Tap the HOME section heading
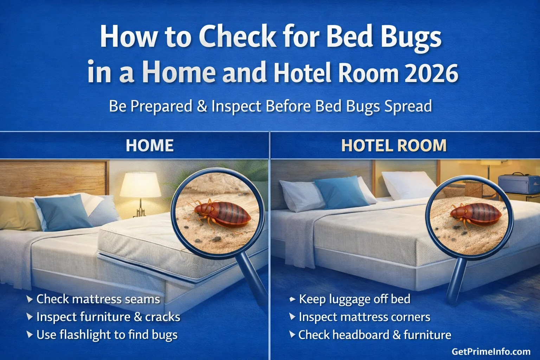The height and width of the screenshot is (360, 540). (150, 146)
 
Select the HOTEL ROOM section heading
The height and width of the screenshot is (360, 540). (394, 146)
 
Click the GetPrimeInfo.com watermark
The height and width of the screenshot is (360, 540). (491, 352)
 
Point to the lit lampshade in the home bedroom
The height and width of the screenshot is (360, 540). (140, 184)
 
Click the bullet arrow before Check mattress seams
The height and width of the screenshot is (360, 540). (30, 299)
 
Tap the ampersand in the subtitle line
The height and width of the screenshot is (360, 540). (202, 106)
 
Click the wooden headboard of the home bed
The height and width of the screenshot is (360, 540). (53, 178)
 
